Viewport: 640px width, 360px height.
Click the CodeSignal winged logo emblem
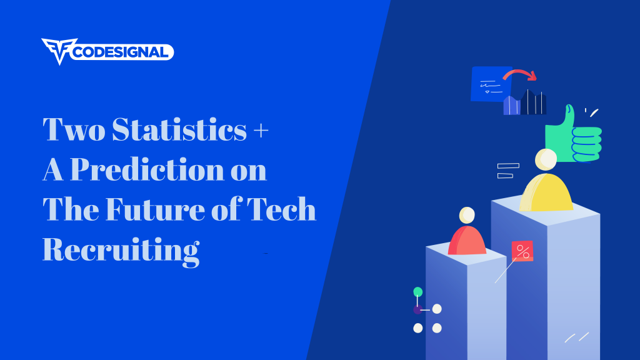[x=59, y=51]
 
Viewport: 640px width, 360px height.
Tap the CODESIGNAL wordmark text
[x=121, y=52]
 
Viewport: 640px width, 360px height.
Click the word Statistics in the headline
[x=179, y=129]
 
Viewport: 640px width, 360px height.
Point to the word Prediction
[x=147, y=169]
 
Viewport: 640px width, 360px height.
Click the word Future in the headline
[x=155, y=209]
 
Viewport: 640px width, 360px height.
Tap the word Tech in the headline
[x=281, y=209]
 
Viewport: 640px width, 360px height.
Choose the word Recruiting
[x=121, y=251]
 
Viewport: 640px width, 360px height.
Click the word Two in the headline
[x=74, y=129]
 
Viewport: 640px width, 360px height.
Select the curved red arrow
[x=519, y=74]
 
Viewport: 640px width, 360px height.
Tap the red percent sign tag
[x=522, y=251]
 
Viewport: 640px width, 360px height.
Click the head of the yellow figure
[x=546, y=159]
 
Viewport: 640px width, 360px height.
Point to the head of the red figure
[x=467, y=215]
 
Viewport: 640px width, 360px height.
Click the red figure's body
[x=467, y=241]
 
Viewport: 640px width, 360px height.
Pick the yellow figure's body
[x=546, y=192]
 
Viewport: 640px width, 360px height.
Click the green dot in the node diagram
[x=418, y=292]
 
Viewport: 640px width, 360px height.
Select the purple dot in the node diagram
[x=417, y=310]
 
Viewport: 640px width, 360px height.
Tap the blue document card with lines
[x=491, y=84]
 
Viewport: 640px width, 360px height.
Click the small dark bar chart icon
[x=525, y=102]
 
